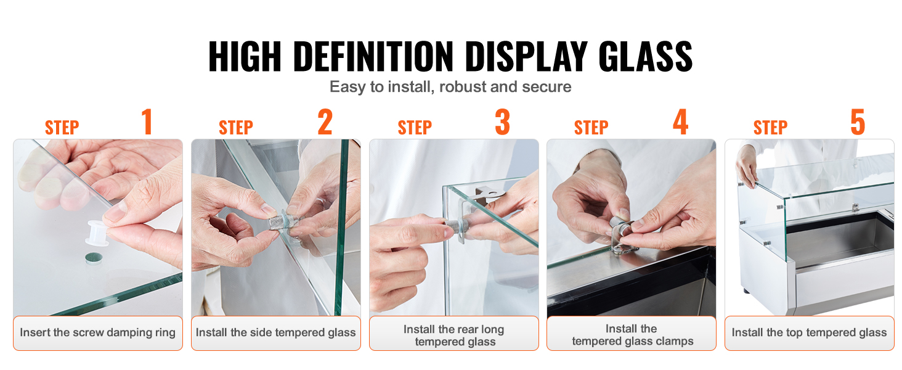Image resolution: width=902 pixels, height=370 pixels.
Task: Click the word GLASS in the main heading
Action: point(645,57)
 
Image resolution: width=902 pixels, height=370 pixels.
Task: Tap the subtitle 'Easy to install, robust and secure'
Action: point(450,87)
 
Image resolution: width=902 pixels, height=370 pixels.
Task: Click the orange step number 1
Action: point(147,121)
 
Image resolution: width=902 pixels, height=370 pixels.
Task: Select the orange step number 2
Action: point(325,121)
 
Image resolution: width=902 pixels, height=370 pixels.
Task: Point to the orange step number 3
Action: point(503,121)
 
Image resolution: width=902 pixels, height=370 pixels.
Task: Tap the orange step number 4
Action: point(681,121)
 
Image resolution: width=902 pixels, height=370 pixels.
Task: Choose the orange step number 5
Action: point(858,121)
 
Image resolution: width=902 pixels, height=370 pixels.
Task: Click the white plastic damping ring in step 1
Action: point(97,233)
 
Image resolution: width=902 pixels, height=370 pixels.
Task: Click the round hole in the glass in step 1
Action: point(94,258)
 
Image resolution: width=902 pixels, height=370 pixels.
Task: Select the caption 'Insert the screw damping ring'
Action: point(97,332)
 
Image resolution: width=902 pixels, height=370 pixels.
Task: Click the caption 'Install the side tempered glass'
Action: point(276,332)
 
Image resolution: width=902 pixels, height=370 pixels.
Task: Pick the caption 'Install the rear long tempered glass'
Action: point(454,335)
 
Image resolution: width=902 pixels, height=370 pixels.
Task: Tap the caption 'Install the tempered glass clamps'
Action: point(632,335)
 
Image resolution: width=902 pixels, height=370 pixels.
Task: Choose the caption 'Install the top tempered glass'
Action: point(810,332)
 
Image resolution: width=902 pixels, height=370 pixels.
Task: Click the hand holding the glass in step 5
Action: point(746,166)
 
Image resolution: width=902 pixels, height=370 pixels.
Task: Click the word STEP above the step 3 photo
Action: point(415,128)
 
